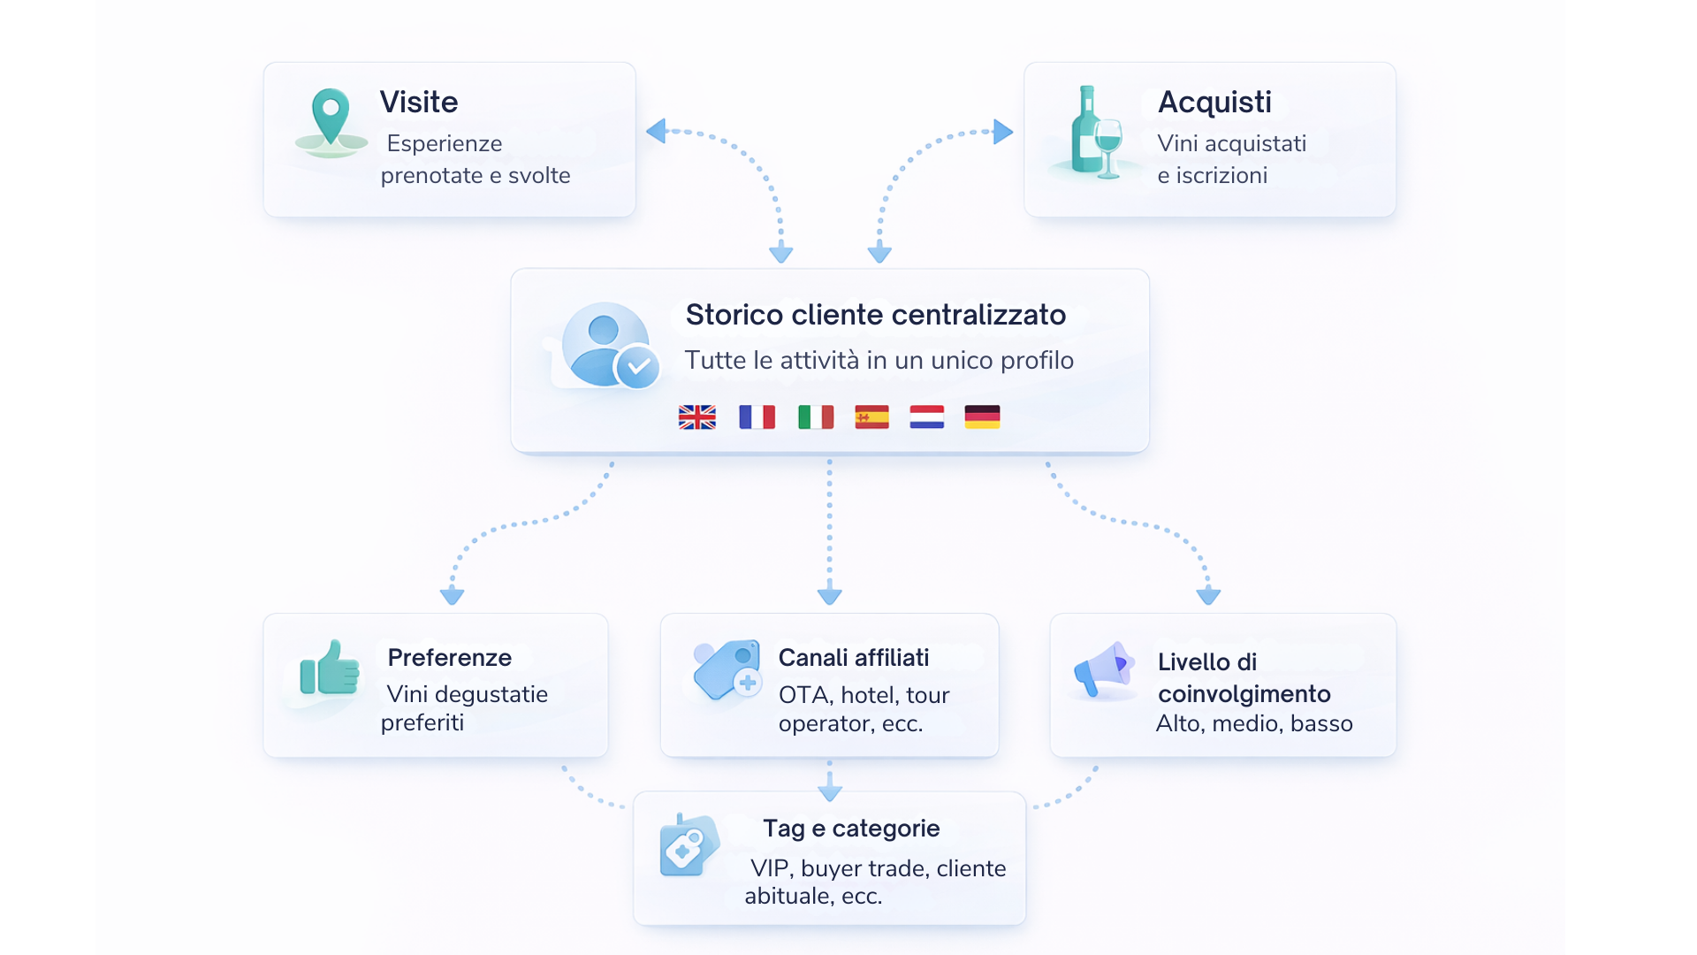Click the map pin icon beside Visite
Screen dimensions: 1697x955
(x=331, y=117)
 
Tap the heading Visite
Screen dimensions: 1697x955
(x=419, y=103)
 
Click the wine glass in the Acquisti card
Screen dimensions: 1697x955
(x=1107, y=146)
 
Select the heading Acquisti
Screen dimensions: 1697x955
(x=1214, y=103)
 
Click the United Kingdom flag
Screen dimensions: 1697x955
(x=697, y=416)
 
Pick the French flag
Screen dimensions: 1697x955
(x=757, y=416)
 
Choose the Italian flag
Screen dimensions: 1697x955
(x=816, y=416)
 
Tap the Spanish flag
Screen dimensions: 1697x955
(x=871, y=416)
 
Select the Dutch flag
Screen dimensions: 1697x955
(x=926, y=416)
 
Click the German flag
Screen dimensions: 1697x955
(x=982, y=416)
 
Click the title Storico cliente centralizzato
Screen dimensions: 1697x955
(x=876, y=315)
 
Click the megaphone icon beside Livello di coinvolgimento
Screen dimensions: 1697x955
(x=1104, y=668)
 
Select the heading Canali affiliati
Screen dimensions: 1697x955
(x=854, y=658)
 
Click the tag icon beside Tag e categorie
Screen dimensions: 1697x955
(x=688, y=845)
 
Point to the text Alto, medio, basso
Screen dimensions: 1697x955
(x=1254, y=724)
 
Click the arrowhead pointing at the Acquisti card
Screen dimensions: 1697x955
(x=1002, y=132)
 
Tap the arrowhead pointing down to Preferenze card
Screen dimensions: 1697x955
(x=453, y=595)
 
